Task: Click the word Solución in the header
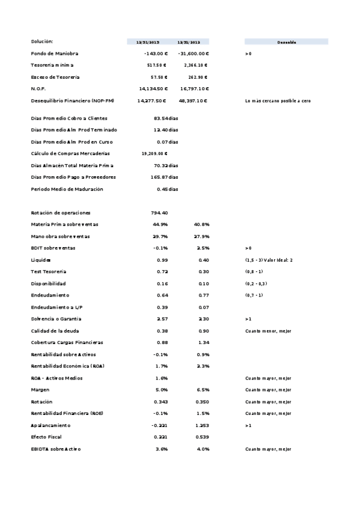click(42, 41)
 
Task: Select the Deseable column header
click(286, 42)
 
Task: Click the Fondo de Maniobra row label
click(55, 54)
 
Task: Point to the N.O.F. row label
click(38, 88)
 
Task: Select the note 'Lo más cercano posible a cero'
click(278, 100)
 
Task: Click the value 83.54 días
click(166, 118)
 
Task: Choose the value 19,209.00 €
click(154, 153)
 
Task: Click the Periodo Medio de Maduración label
click(67, 189)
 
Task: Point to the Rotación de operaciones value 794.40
click(159, 213)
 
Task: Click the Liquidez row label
click(41, 260)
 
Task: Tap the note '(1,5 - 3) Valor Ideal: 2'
click(268, 260)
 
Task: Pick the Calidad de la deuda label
click(55, 331)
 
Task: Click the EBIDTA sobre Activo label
click(56, 449)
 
